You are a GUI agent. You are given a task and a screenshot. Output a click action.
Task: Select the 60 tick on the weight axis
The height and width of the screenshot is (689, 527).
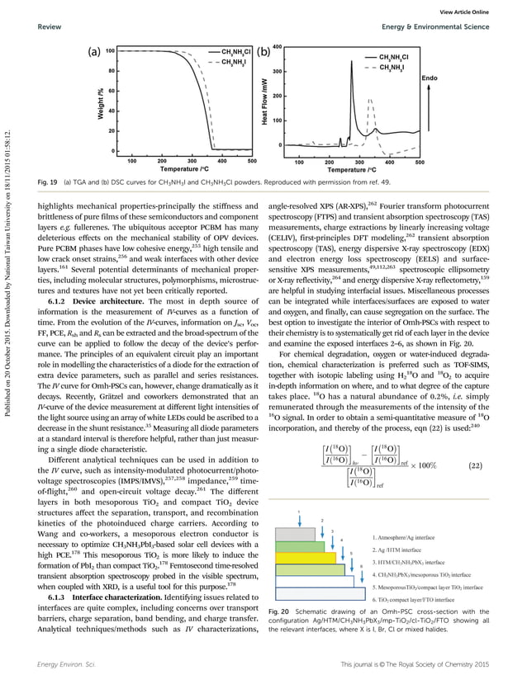pos(110,91)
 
